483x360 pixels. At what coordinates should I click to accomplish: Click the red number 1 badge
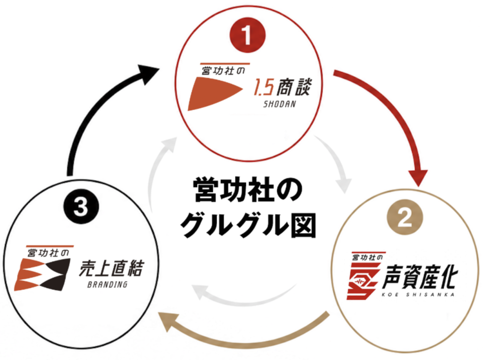tap(247, 35)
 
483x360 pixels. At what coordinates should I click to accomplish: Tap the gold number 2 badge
tap(405, 218)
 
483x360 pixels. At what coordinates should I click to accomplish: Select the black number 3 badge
tap(81, 206)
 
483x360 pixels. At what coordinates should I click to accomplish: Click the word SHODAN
tap(279, 104)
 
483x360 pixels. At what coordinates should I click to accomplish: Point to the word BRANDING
tap(108, 285)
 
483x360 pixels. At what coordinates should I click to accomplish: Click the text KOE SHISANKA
tap(418, 295)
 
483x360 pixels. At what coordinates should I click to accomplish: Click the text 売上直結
tap(111, 268)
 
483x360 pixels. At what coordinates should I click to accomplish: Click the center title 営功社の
tap(248, 189)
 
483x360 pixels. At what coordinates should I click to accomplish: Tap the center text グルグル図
tap(248, 225)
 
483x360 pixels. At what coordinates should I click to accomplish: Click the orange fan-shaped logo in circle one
tap(215, 93)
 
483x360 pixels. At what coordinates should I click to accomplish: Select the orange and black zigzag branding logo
tap(42, 274)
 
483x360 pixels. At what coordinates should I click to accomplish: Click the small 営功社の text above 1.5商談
tap(223, 71)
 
